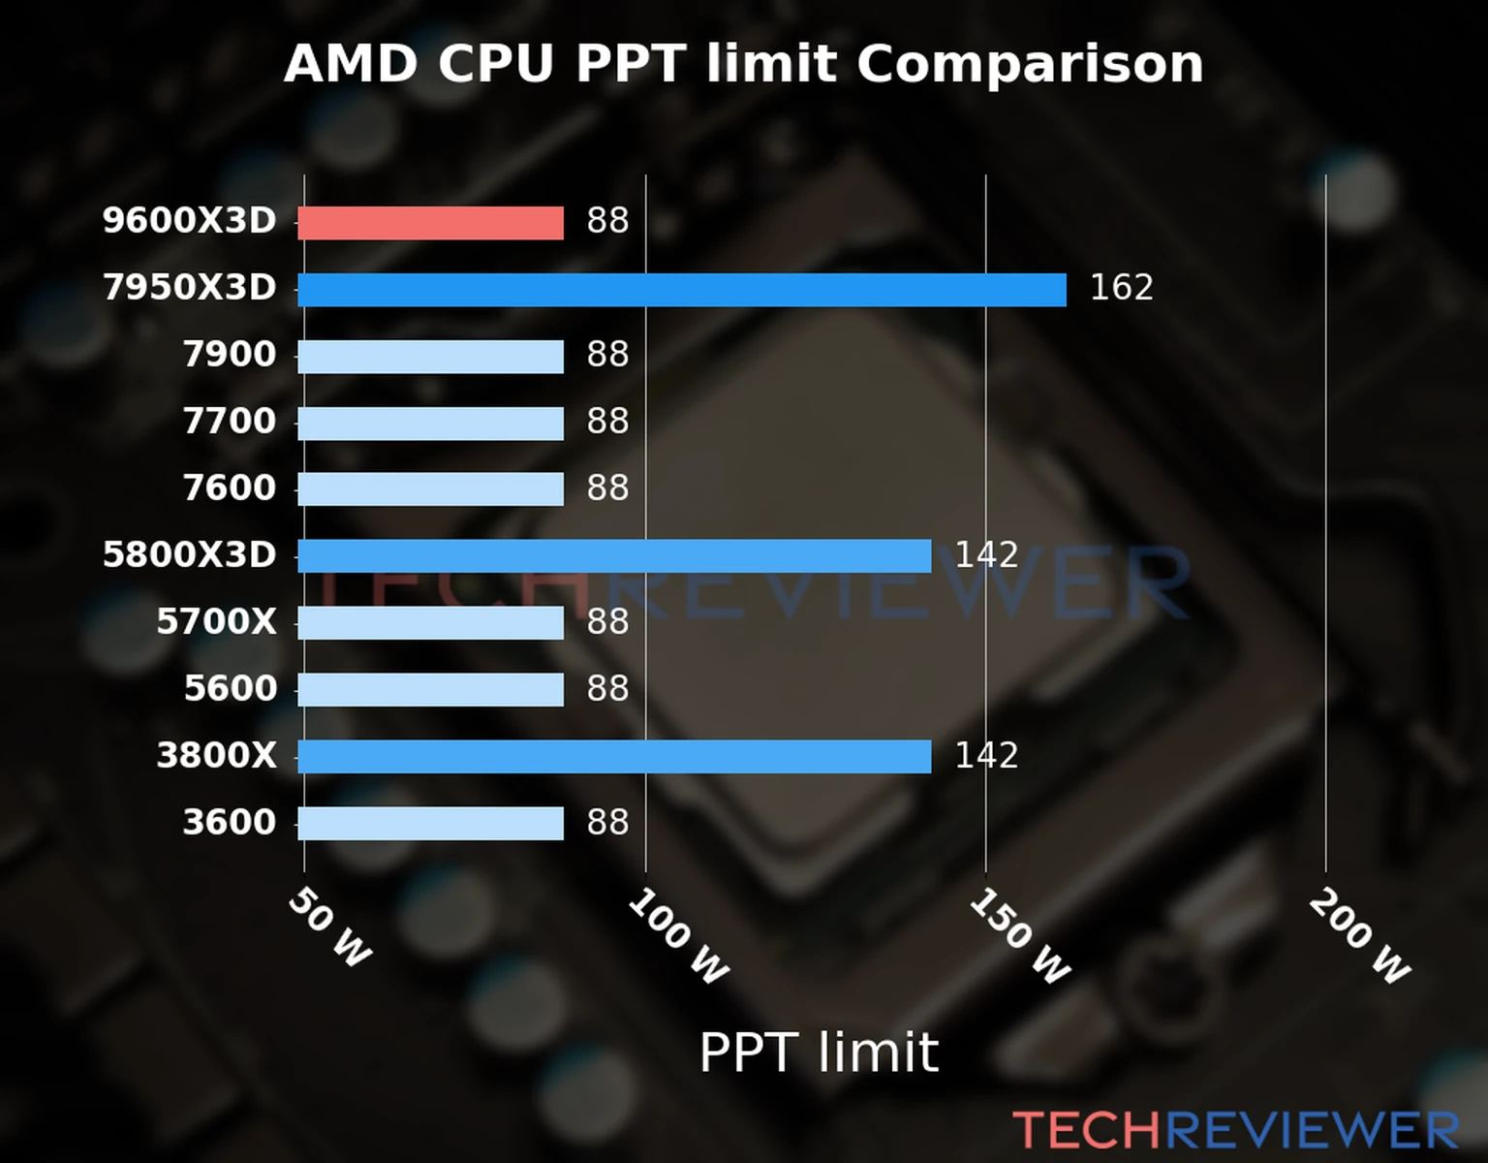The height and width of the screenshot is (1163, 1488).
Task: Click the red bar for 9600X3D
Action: click(x=430, y=223)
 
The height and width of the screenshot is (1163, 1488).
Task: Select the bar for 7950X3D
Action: click(x=681, y=290)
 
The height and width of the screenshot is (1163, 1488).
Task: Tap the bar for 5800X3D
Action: click(x=614, y=556)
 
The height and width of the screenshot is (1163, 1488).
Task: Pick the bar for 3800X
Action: click(x=614, y=757)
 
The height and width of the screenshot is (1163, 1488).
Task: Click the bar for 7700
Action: click(x=430, y=424)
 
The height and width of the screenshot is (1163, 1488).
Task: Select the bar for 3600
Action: click(x=430, y=824)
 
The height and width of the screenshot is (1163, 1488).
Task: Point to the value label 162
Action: click(x=1121, y=288)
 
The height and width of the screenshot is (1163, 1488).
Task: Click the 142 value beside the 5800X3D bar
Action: click(x=986, y=555)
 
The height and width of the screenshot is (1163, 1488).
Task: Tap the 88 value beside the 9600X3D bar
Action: click(x=607, y=221)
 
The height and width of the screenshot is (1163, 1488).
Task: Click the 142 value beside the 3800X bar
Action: click(x=986, y=756)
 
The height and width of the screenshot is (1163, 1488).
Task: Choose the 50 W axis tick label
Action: click(x=330, y=928)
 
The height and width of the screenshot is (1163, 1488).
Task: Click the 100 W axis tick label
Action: click(x=678, y=937)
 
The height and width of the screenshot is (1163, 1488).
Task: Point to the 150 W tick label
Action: click(x=1020, y=937)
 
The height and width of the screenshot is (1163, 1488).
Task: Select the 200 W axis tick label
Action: click(x=1359, y=937)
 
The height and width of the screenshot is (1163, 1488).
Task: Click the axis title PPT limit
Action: click(x=819, y=1053)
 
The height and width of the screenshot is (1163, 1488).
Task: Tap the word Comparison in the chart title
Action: click(x=1030, y=64)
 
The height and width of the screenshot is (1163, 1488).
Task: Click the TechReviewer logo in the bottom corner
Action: click(x=1235, y=1130)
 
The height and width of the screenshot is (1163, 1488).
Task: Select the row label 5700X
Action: click(x=216, y=621)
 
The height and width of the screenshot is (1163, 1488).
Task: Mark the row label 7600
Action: click(x=230, y=487)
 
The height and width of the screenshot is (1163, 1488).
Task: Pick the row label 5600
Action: click(x=230, y=688)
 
